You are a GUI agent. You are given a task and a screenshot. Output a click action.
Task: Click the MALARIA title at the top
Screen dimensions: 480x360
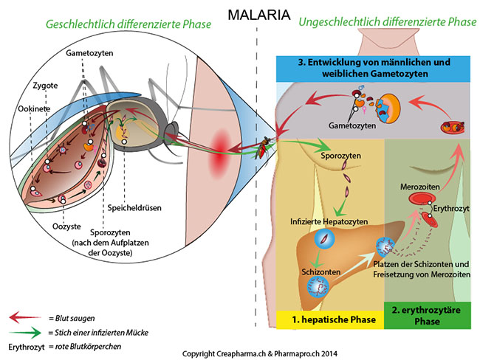[x=259, y=15]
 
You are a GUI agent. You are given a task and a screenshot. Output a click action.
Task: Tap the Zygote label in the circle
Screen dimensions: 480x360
[x=45, y=86]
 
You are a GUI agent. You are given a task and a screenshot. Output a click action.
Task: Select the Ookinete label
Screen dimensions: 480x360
[x=34, y=108]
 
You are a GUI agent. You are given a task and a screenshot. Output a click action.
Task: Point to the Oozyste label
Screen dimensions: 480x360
[x=66, y=226]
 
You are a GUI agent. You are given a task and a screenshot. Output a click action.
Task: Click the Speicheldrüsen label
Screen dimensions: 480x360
[x=134, y=208]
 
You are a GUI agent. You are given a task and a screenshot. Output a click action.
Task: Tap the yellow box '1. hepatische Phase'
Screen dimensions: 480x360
[x=330, y=320]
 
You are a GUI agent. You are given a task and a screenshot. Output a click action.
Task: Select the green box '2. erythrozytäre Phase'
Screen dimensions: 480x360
[x=428, y=316]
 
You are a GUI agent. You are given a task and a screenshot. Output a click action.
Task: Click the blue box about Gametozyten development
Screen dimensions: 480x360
[x=373, y=69]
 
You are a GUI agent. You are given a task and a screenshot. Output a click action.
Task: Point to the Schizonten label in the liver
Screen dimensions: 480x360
[x=320, y=272]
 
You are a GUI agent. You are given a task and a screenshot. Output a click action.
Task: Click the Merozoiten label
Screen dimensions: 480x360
[x=419, y=187]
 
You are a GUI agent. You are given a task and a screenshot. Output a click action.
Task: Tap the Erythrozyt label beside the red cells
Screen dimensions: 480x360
[x=451, y=209]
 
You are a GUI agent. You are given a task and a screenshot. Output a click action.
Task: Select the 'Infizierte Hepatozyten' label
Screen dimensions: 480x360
[x=329, y=222]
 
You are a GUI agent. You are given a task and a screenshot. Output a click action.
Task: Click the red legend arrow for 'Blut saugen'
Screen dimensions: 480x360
[x=25, y=317]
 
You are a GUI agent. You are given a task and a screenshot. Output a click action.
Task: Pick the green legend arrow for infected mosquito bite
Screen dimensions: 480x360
[x=25, y=332]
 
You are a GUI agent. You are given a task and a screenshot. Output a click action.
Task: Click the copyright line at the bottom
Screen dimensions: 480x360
[x=260, y=354]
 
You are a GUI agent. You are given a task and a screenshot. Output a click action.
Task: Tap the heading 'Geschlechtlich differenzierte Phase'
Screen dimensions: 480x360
[x=128, y=24]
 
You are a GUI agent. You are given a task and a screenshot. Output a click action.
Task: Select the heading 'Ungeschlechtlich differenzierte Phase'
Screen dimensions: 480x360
[x=388, y=22]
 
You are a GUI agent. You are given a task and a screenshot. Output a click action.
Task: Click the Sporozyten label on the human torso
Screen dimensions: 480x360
[x=340, y=156]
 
